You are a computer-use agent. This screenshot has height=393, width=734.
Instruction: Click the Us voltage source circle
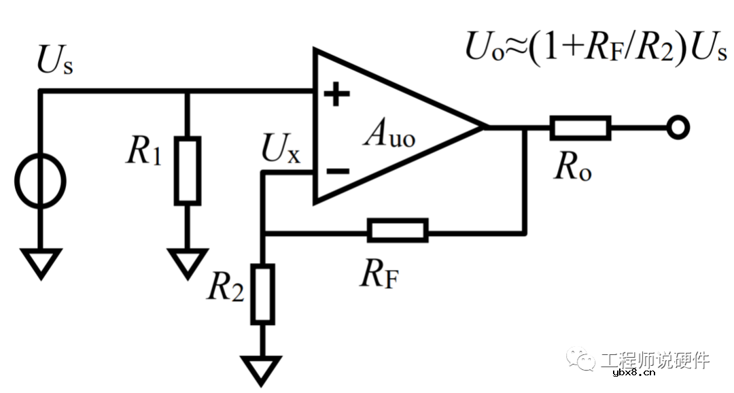click(41, 182)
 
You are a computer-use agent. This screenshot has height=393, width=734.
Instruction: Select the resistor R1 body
click(188, 170)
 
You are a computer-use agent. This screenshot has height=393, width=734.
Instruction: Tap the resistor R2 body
click(262, 294)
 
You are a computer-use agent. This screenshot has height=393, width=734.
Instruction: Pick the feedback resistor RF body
click(398, 230)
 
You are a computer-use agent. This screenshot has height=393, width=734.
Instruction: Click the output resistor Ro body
click(580, 127)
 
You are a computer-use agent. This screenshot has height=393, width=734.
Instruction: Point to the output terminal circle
click(678, 127)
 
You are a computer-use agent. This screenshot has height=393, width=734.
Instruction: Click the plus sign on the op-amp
click(336, 95)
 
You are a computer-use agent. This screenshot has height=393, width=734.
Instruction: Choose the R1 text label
click(144, 154)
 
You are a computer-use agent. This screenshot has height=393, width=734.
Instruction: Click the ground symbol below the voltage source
click(41, 262)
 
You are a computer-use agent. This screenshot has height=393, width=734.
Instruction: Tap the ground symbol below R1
click(188, 262)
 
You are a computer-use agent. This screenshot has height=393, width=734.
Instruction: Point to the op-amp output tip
click(485, 127)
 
